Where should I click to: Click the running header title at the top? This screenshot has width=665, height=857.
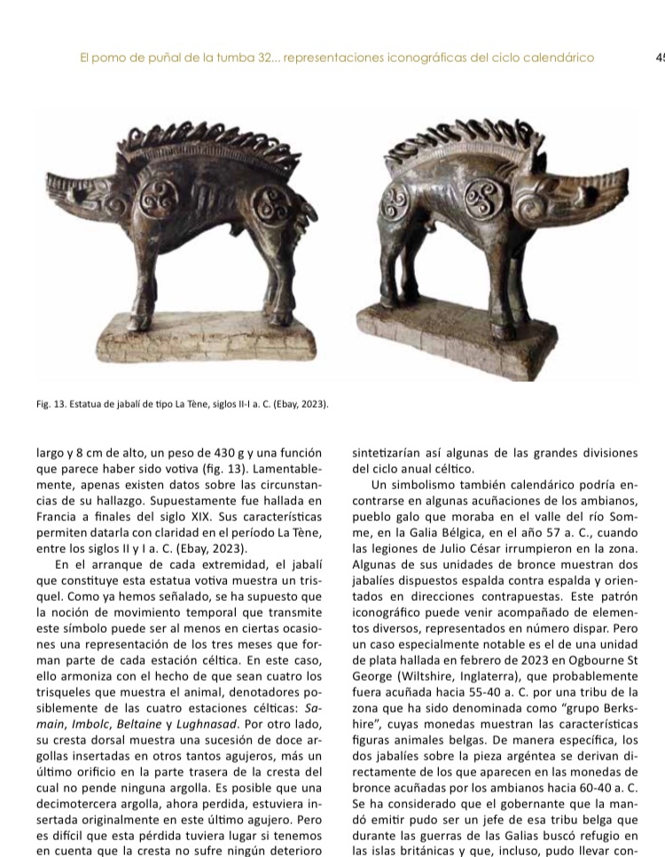pos(336,58)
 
